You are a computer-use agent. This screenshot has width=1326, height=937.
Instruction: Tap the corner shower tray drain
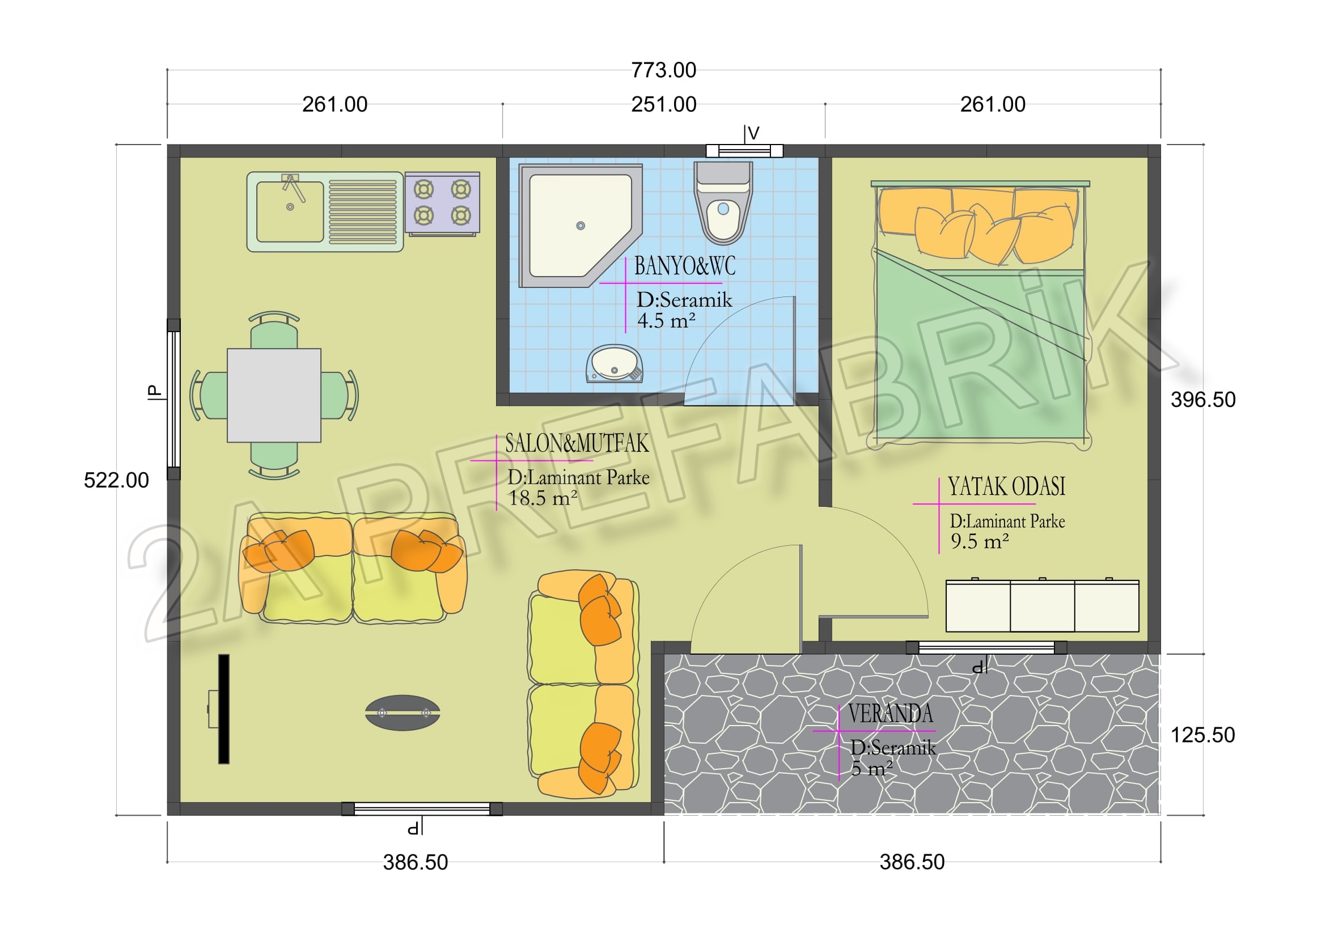coord(581,226)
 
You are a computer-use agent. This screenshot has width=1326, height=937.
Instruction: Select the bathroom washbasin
coord(614,364)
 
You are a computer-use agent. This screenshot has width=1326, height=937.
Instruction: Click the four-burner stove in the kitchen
coord(442,203)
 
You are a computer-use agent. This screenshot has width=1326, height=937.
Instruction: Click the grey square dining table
coord(274,395)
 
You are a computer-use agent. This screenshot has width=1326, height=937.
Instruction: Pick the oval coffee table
coord(403,713)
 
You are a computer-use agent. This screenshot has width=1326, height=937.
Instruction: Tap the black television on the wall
coord(223,709)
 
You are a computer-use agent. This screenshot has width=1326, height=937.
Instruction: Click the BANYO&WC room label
coord(685,266)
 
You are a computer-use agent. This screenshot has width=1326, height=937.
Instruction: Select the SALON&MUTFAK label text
coord(577,443)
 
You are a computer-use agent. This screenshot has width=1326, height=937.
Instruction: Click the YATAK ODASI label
coord(1007,487)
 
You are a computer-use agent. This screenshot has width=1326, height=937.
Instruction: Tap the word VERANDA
coord(890,714)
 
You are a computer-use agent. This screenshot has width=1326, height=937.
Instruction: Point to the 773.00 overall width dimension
coord(664,70)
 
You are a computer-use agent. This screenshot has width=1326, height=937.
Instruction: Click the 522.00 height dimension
coord(116,480)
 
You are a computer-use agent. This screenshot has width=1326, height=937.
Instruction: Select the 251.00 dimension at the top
coord(664,104)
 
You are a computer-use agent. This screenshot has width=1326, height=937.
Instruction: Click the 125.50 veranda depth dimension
coord(1202,735)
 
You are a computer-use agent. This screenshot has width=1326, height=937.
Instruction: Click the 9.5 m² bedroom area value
coord(980,541)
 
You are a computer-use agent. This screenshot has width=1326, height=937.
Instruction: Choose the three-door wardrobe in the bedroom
coord(1043,605)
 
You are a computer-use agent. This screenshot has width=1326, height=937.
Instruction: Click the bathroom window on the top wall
coord(744,151)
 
